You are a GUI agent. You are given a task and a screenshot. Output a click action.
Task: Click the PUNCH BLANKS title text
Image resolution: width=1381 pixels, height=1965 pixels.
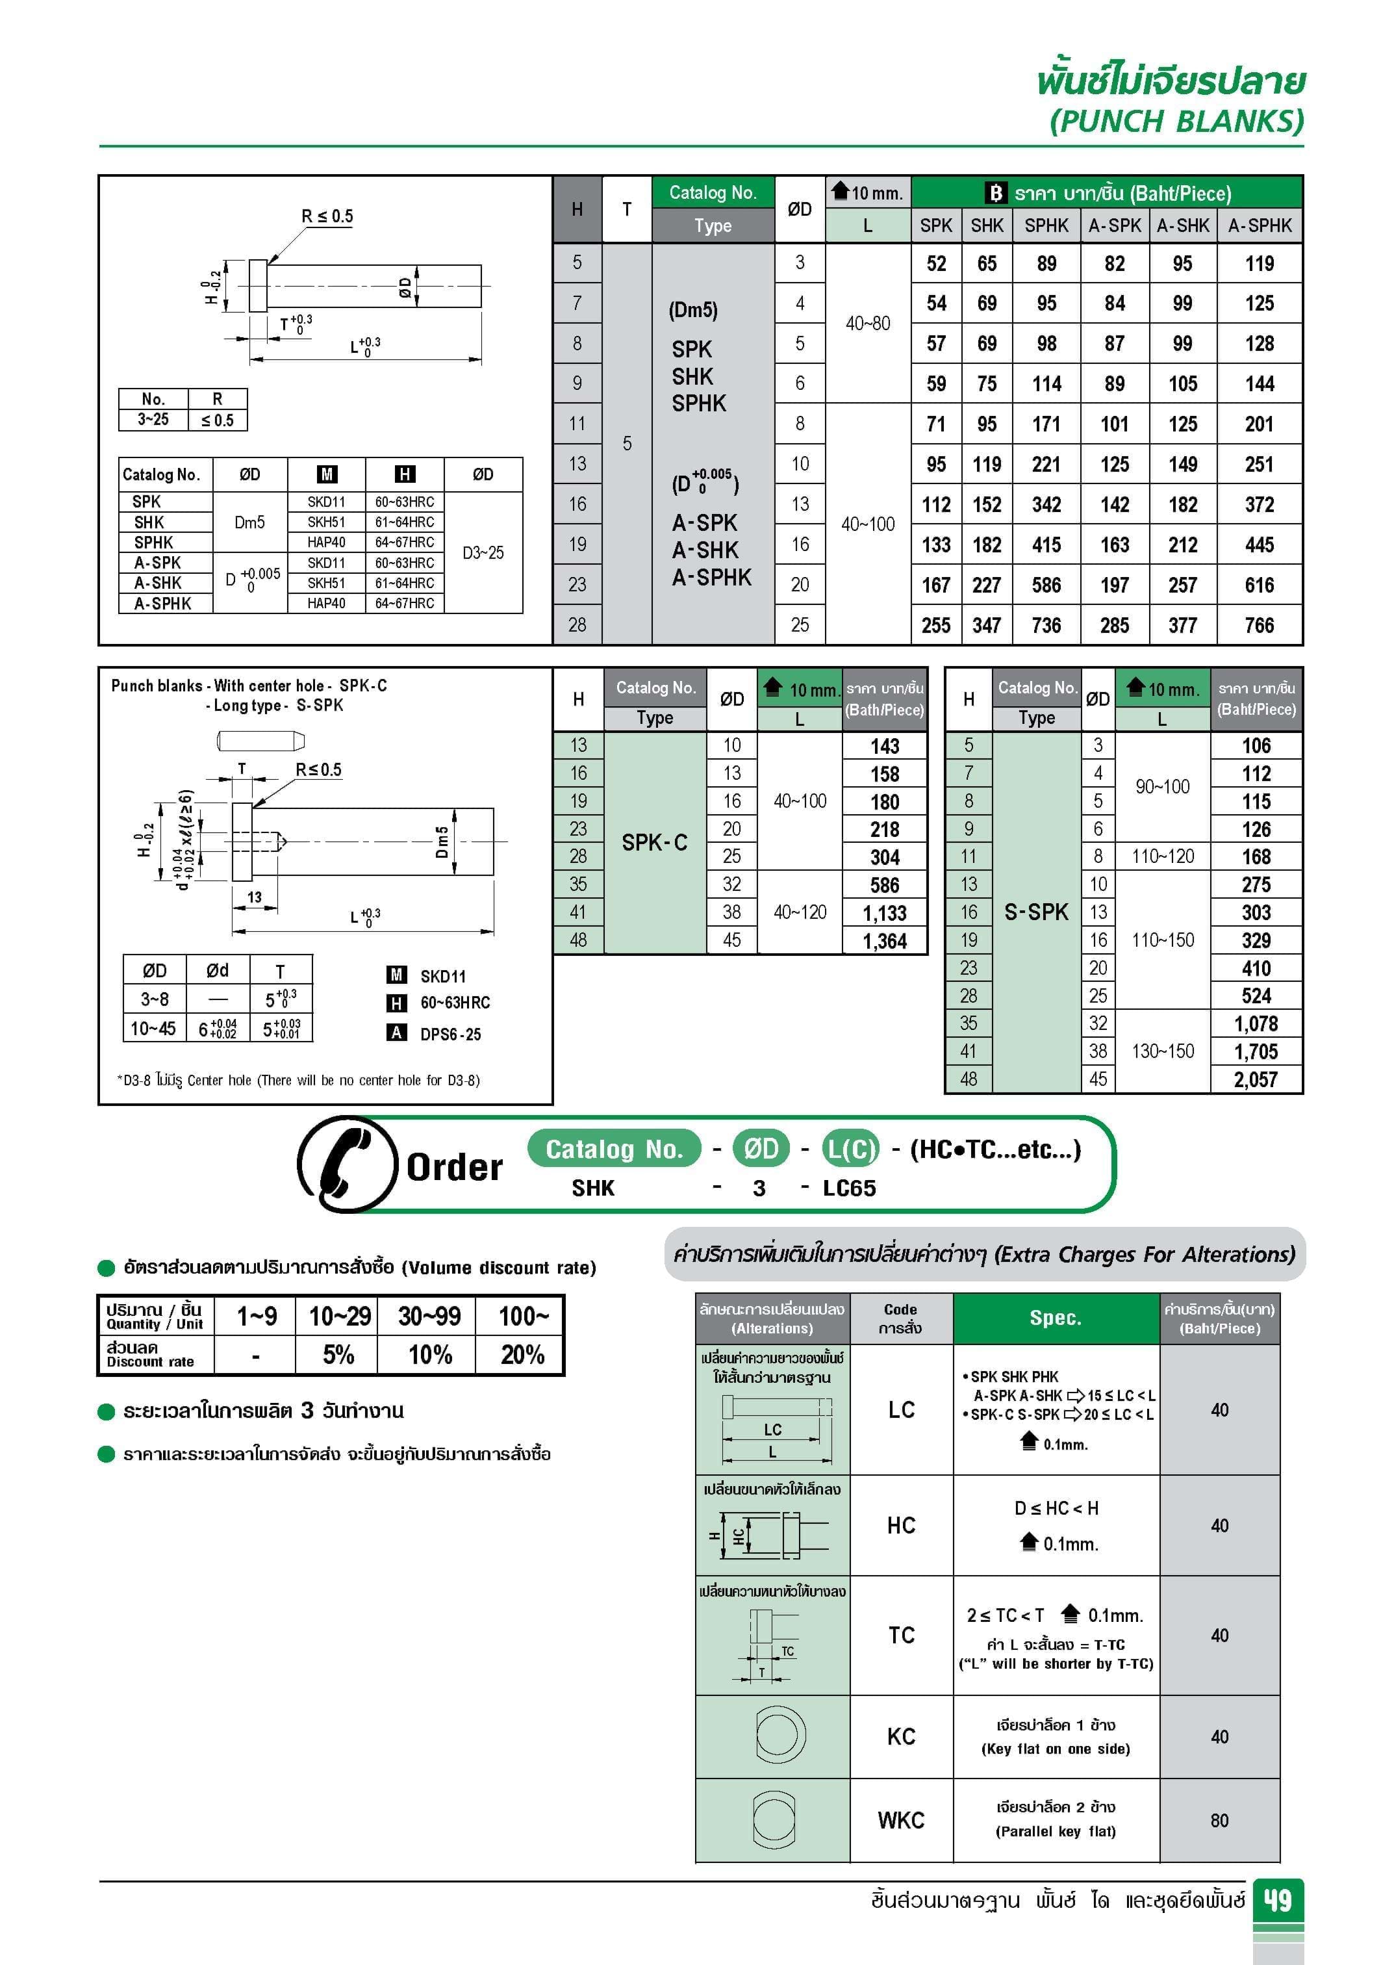coord(1176,121)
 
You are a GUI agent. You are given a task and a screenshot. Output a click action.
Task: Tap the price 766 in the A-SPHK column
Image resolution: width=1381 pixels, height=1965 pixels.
coord(1259,626)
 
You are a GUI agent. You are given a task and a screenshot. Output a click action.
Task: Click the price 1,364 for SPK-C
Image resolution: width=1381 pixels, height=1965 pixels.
coord(884,942)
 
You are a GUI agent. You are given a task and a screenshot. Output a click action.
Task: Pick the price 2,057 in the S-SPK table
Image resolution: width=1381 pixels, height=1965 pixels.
coord(1255,1080)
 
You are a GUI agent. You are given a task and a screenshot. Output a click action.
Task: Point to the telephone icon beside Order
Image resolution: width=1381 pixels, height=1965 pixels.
coord(346,1164)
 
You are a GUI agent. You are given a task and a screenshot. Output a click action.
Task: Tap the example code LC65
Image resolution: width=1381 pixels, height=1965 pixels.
coord(849,1188)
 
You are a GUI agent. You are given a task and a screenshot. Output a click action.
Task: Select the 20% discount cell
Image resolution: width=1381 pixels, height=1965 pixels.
coord(522,1355)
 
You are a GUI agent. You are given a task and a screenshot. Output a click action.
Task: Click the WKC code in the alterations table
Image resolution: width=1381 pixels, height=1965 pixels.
coord(901,1820)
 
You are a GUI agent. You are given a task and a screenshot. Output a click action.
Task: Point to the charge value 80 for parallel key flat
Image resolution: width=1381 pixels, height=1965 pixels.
coord(1219,1820)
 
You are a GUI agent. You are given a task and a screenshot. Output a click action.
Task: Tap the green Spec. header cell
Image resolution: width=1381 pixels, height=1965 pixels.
coord(1056,1318)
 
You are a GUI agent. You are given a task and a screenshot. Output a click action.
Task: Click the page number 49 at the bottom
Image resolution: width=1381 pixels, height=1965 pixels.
coord(1278,1901)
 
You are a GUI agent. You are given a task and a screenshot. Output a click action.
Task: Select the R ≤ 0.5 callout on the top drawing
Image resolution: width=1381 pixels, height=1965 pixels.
coord(327,216)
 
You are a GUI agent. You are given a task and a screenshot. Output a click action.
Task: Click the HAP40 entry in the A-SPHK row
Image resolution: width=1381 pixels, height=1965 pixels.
coord(326,604)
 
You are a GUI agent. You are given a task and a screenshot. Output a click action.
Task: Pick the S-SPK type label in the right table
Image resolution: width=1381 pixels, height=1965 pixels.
coord(1036,912)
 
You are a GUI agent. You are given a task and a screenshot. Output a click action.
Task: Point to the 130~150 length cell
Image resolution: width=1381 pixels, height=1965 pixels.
coord(1162,1051)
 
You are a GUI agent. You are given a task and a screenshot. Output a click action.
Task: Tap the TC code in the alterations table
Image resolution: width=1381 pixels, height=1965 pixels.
coord(901,1636)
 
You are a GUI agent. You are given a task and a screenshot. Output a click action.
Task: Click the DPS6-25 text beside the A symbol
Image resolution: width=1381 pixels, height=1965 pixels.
coord(450,1034)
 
